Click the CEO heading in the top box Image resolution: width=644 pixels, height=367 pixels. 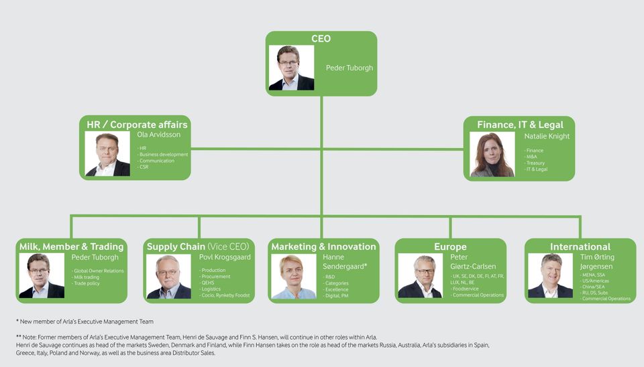[x=321, y=39]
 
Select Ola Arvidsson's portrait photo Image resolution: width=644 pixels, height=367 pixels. [x=107, y=153]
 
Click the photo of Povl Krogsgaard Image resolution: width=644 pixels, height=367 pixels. [x=168, y=276]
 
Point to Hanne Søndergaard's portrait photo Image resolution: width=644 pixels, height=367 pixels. [x=293, y=276]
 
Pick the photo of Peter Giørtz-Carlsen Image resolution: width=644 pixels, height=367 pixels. [x=420, y=276]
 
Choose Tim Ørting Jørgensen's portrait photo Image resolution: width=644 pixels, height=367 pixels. [x=550, y=276]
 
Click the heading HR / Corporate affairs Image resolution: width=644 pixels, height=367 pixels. [x=137, y=125]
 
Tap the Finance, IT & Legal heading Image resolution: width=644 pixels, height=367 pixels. [x=520, y=125]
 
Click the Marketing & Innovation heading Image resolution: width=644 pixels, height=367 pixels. [x=323, y=246]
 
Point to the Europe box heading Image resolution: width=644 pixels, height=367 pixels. [x=450, y=246]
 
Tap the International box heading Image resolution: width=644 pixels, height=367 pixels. [x=580, y=246]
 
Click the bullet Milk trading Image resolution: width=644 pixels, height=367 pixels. [x=87, y=277]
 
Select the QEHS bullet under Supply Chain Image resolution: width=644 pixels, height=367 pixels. [x=208, y=283]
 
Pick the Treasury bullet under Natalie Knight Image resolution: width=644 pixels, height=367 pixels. [x=535, y=163]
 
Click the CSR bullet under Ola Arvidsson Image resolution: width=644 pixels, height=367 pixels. [x=144, y=167]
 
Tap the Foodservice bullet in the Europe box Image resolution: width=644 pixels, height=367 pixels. [x=466, y=289]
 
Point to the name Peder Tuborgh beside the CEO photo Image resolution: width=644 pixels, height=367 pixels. [x=349, y=68]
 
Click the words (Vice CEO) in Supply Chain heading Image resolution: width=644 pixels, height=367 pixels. [x=229, y=246]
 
